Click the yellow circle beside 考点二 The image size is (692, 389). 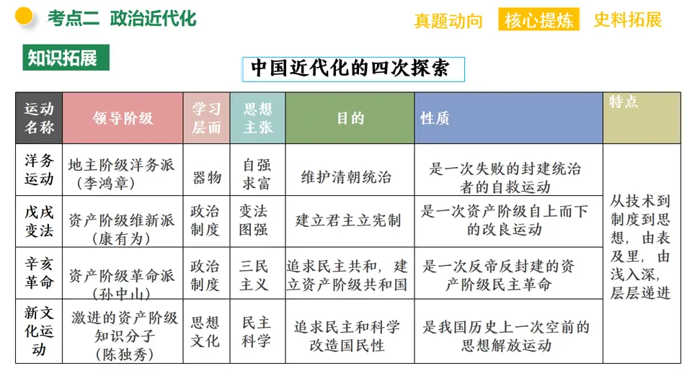click(24, 16)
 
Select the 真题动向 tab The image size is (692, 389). click(448, 20)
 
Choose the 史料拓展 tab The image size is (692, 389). click(627, 19)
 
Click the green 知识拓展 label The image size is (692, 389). click(66, 58)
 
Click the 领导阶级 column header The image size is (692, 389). click(123, 118)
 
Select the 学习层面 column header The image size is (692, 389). click(206, 118)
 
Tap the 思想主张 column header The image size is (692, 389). click(257, 118)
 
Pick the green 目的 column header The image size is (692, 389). click(350, 118)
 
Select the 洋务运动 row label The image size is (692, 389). click(39, 170)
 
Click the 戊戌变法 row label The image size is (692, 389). click(39, 221)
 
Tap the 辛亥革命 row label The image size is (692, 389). click(39, 273)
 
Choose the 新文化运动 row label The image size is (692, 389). click(39, 331)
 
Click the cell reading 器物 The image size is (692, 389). click(206, 177)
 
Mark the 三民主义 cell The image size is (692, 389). click(257, 275)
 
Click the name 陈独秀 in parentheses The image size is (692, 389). click(123, 354)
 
